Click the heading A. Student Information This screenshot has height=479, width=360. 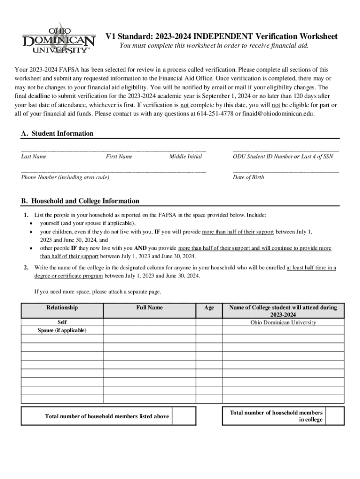coord(58,133)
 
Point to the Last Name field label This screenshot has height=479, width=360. coord(34,157)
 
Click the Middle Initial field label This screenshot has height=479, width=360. coord(186,157)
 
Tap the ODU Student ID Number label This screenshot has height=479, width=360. coord(262,157)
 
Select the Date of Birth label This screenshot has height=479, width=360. coord(248,177)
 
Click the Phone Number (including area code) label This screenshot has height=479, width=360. coord(65,177)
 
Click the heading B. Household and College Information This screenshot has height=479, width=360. coord(80,201)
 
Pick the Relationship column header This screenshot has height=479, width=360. coord(62,307)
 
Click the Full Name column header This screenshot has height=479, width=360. coord(150,307)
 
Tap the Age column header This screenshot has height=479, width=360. coord(209,307)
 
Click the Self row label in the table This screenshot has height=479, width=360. coord(62,322)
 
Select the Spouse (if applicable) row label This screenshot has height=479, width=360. coord(62,330)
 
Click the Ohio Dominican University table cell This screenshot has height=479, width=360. coord(283,322)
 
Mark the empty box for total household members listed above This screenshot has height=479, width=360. coord(184,416)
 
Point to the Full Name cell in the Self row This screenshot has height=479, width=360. coord(150,322)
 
